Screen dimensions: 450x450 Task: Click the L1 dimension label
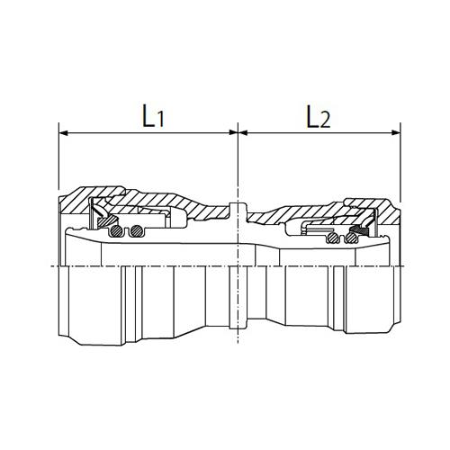coord(153,116)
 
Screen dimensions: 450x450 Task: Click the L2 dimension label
coord(318,116)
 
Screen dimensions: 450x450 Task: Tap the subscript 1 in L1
coord(160,120)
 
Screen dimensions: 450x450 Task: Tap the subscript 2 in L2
coord(325,121)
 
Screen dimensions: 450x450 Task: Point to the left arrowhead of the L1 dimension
coord(64,132)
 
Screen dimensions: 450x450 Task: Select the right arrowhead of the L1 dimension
coord(233,132)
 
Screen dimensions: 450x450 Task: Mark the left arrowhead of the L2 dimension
coord(243,132)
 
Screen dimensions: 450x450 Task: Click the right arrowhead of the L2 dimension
coord(396,132)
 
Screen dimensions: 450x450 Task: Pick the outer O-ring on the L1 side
coord(116,230)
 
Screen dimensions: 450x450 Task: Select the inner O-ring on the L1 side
coord(137,230)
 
